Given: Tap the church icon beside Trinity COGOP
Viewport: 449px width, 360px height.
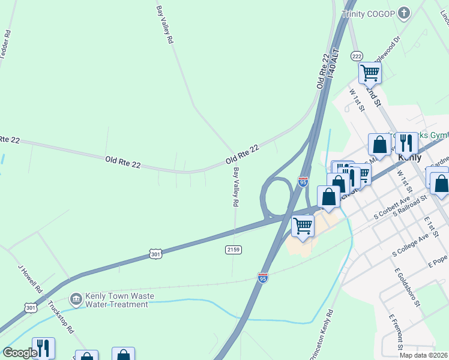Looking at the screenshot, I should [x=404, y=13].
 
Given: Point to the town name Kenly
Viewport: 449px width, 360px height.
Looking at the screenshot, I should [x=409, y=157].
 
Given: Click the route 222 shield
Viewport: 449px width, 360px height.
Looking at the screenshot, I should [x=357, y=56].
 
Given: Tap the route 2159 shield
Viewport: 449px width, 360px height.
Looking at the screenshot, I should [x=234, y=249].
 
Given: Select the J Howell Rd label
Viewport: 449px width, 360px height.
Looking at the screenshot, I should [x=31, y=279].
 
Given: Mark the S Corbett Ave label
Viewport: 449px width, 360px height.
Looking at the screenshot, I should [x=391, y=206].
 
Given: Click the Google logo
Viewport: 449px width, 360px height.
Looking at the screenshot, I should [x=20, y=353].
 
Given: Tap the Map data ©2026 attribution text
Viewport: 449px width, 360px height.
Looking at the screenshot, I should [x=424, y=355].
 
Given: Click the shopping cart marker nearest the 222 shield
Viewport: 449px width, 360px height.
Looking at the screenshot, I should [x=370, y=73].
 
